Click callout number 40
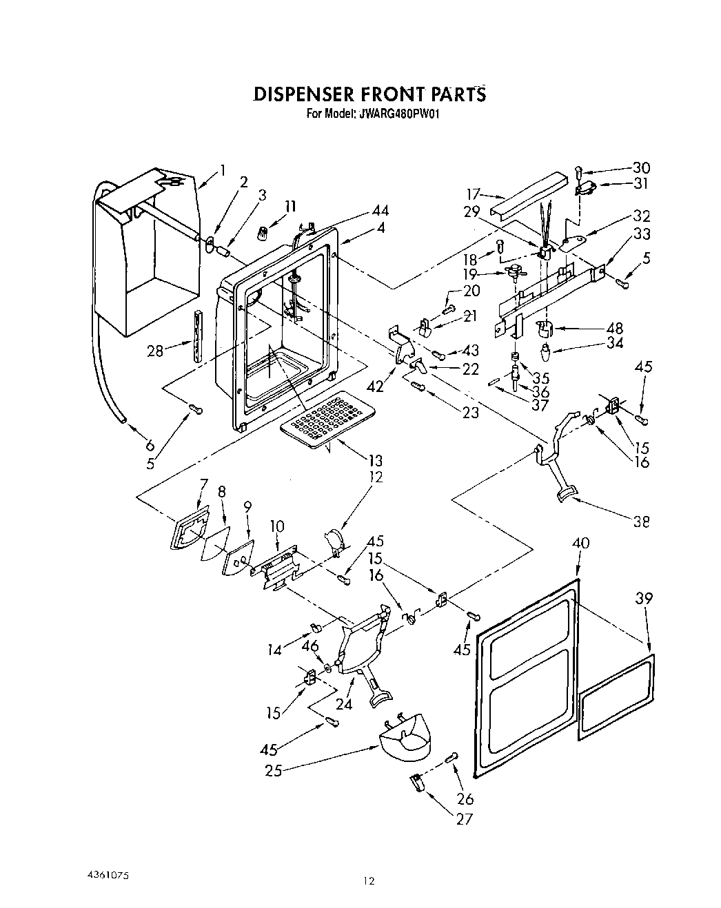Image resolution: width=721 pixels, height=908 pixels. point(580,544)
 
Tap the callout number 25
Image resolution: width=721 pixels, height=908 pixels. point(274,770)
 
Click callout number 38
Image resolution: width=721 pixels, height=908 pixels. point(641,522)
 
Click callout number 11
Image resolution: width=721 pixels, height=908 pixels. point(290,206)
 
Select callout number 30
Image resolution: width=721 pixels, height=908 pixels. point(640,168)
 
